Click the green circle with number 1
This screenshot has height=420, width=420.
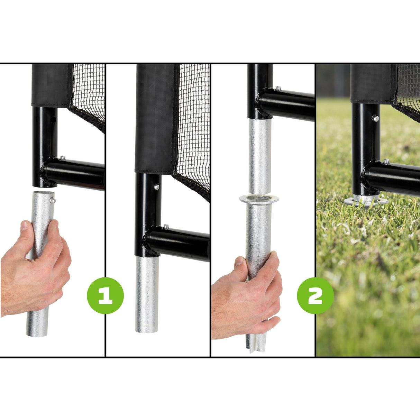(x=105, y=295)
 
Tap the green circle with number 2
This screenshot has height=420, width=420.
(x=315, y=295)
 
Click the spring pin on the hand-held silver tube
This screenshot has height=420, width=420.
(x=52, y=200)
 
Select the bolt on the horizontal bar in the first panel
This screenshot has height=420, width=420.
(x=62, y=158)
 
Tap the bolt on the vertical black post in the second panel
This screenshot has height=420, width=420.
(x=157, y=187)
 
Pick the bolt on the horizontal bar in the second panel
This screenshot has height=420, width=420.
(x=166, y=227)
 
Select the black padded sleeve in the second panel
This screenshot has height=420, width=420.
(x=156, y=118)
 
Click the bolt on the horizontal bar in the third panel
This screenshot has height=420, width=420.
(x=278, y=89)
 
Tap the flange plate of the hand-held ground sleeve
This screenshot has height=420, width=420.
(x=259, y=199)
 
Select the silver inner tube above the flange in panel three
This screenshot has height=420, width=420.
(x=260, y=156)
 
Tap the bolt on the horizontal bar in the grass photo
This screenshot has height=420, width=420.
(x=386, y=162)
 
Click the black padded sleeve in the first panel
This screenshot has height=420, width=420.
(x=51, y=85)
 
